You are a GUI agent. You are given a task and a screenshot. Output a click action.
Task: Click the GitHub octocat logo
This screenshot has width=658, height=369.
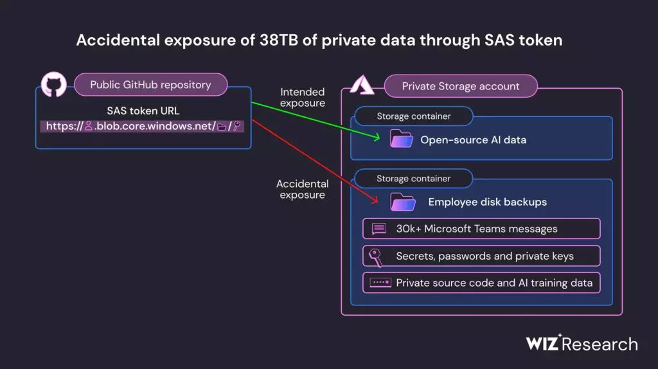(x=54, y=84)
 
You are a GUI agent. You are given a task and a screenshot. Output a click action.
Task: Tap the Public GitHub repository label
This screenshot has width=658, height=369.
(x=150, y=85)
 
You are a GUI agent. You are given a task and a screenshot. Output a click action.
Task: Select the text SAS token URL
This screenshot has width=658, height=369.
(x=143, y=111)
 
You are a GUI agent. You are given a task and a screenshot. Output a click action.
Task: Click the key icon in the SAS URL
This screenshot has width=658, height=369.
(x=237, y=125)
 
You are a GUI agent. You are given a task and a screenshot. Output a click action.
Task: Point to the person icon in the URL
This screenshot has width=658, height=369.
(x=89, y=126)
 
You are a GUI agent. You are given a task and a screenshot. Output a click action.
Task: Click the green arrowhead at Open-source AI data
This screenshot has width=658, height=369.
(x=377, y=137)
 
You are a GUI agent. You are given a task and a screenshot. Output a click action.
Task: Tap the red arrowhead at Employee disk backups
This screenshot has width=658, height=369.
(x=375, y=200)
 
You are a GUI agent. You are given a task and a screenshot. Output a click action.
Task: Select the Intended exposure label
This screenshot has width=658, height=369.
(x=303, y=97)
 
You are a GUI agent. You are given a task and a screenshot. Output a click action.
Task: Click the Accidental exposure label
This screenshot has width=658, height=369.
(x=302, y=190)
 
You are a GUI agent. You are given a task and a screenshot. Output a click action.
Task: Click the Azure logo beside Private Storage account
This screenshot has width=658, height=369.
(x=362, y=85)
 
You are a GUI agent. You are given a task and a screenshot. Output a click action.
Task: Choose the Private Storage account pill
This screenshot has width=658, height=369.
(x=461, y=86)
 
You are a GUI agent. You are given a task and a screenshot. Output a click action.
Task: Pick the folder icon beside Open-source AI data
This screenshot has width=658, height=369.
(x=401, y=139)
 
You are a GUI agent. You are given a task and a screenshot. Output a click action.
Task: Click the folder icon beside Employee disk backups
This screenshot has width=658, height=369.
(x=403, y=202)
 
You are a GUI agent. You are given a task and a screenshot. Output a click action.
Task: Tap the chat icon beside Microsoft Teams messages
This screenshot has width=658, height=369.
(x=379, y=228)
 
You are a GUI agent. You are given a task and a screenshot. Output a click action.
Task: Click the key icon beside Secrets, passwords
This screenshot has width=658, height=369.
(x=375, y=257)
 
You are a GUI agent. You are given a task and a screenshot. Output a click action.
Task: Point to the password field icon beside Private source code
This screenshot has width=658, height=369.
(x=380, y=282)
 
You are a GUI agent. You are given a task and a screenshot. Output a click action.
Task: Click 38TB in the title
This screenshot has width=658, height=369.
(x=279, y=40)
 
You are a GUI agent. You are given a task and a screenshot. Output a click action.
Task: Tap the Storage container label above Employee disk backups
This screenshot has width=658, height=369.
(x=413, y=179)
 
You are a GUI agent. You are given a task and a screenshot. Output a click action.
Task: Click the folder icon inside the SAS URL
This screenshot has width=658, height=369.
(x=222, y=127)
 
